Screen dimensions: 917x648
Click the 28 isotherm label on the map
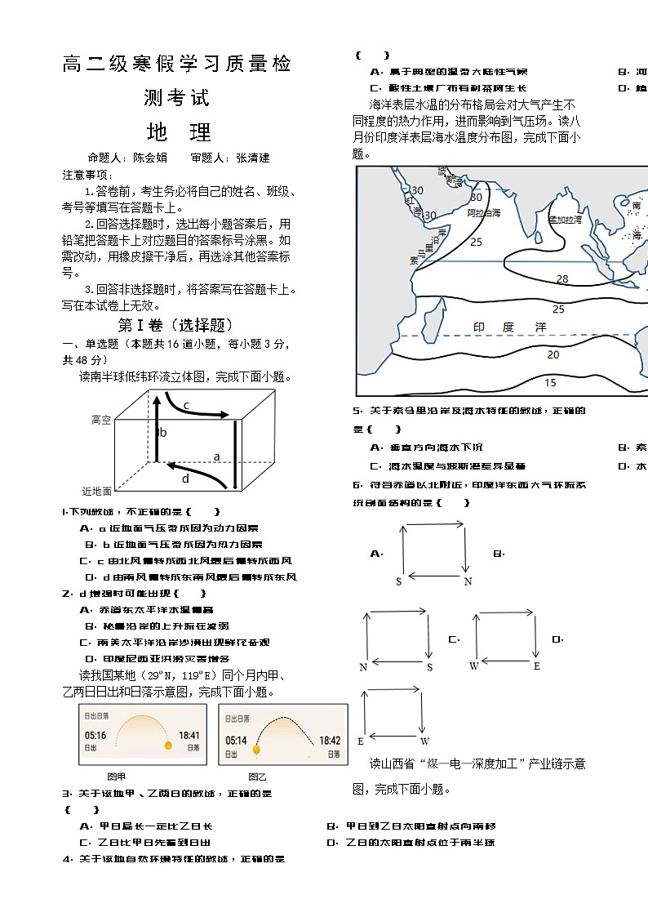(562, 279)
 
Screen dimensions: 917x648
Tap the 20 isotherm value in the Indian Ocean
(553, 354)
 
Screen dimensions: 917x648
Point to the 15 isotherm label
(550, 382)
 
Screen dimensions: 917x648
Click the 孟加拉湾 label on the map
(565, 219)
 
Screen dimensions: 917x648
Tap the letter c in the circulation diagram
(186, 405)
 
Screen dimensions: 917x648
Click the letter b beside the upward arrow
(163, 433)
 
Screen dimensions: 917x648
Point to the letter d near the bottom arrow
(185, 479)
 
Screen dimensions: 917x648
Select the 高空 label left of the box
(101, 420)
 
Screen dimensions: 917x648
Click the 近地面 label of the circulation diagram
(97, 492)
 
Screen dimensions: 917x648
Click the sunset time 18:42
(330, 741)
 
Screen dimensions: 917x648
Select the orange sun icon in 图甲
(168, 746)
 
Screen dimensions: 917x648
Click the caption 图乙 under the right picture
(257, 776)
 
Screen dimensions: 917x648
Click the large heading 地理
(178, 132)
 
